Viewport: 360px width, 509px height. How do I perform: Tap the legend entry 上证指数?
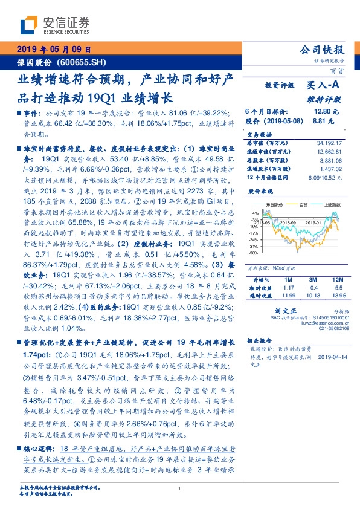pos(331,205)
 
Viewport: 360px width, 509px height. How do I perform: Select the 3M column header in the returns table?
pos(312,280)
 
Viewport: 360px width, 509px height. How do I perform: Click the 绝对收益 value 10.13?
pos(312,294)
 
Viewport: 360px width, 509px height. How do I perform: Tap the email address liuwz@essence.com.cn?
pos(318,325)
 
